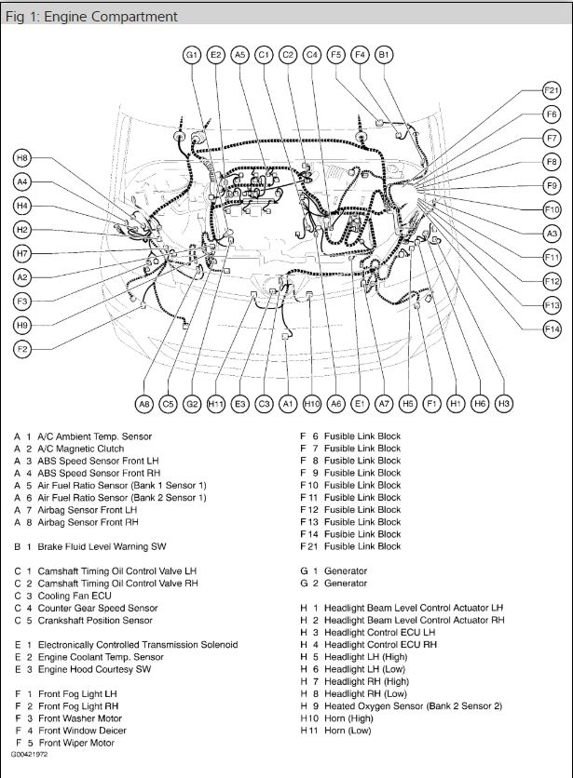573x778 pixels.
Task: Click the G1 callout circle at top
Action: [x=192, y=55]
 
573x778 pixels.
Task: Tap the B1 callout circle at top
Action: [x=384, y=55]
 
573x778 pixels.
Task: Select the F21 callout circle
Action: [x=552, y=90]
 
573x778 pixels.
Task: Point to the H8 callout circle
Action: [x=22, y=158]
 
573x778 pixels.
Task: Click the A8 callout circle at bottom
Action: [x=143, y=404]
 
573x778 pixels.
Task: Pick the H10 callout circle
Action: [x=312, y=404]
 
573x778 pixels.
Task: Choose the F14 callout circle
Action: [x=552, y=329]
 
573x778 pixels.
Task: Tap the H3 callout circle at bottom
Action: [x=504, y=404]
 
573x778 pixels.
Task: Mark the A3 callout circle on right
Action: [x=552, y=234]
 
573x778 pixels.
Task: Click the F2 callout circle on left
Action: [x=22, y=349]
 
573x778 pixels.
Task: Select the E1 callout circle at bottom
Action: [x=360, y=404]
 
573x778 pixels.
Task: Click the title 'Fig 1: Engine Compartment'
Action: [x=91, y=17]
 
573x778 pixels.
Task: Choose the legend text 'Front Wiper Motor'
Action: [x=76, y=743]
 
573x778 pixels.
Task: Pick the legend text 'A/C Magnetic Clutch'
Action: [x=81, y=449]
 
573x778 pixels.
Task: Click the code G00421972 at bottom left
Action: [x=30, y=755]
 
